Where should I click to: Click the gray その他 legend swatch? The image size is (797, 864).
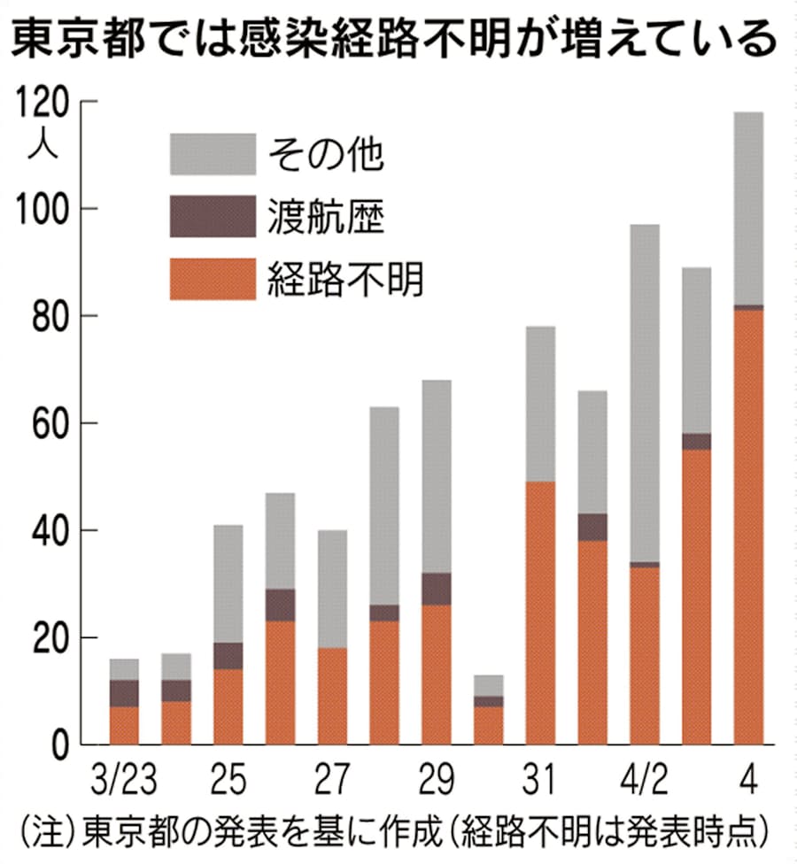[213, 154]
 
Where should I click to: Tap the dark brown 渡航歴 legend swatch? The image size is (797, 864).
[213, 217]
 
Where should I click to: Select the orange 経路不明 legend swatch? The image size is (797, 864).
[213, 279]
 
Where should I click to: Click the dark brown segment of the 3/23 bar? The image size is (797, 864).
[124, 693]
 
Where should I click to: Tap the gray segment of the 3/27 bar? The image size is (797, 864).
[331, 589]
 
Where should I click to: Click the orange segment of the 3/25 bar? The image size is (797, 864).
[228, 706]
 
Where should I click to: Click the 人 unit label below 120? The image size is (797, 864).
[43, 145]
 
